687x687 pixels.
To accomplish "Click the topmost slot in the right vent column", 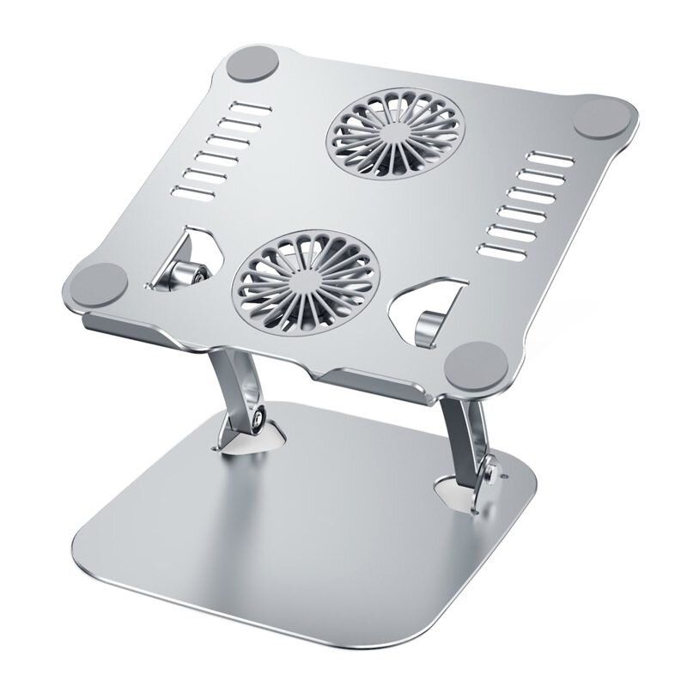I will click(x=547, y=159).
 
